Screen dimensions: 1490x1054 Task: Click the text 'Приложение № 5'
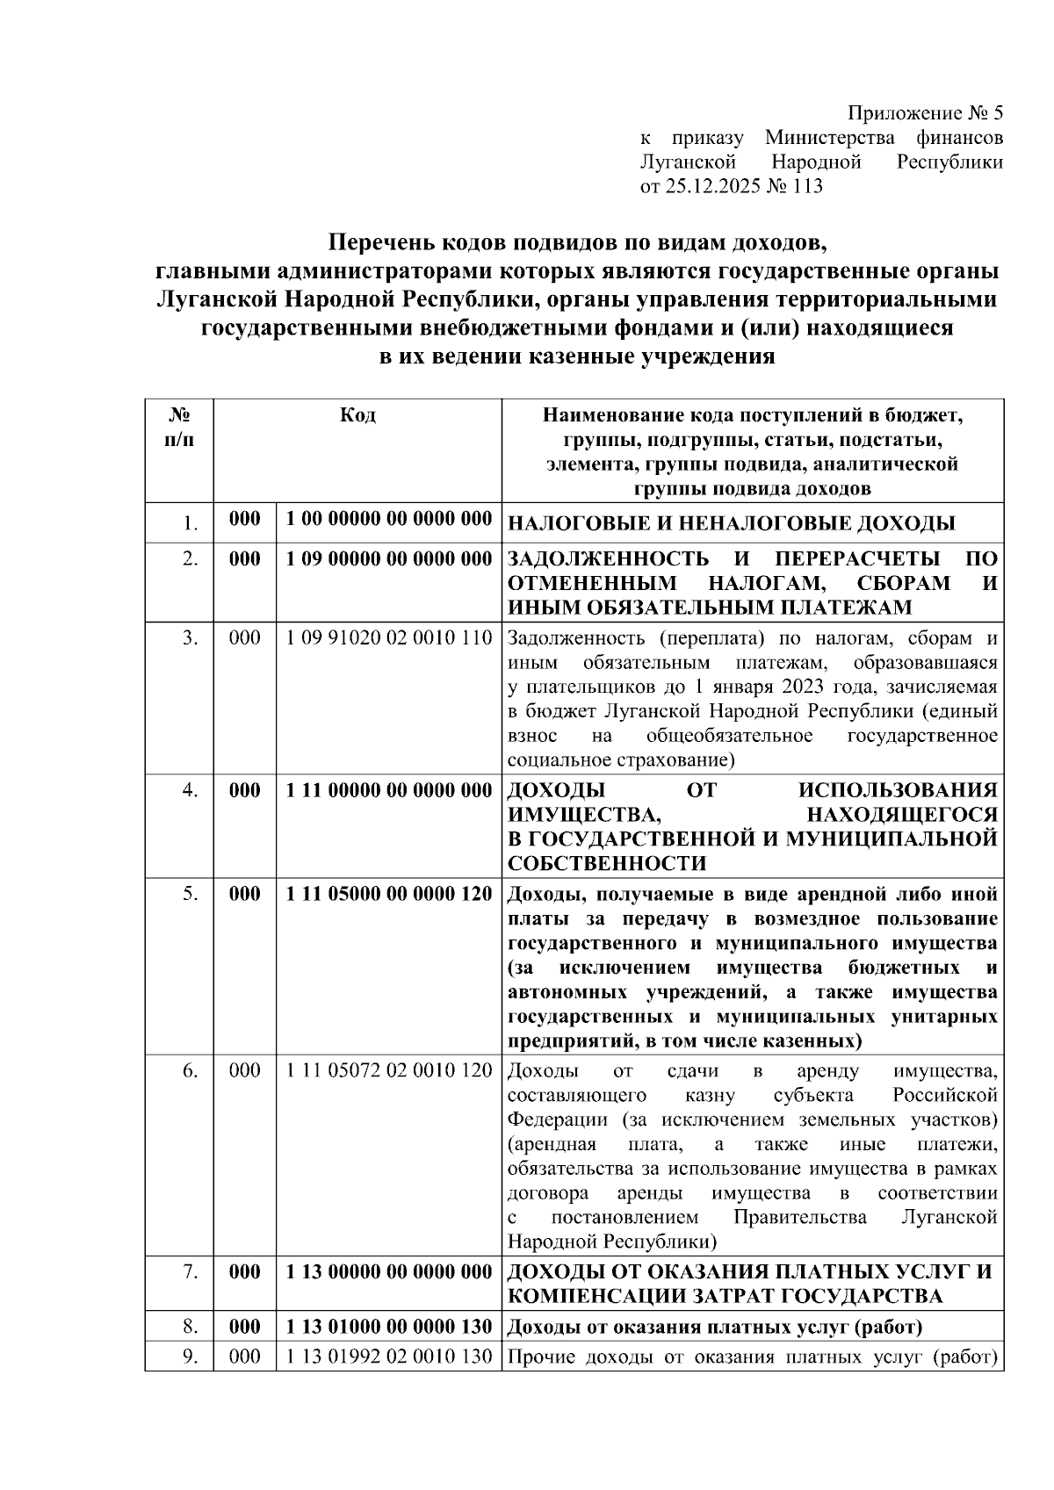924,114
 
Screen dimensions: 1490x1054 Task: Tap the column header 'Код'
357,415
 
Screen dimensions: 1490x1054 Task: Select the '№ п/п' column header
179,427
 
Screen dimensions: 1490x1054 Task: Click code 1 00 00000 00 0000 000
389,519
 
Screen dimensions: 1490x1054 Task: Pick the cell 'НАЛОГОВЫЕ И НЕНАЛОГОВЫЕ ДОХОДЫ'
731,524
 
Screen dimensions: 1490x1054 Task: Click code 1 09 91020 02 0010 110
389,638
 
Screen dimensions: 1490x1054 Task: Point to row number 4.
190,790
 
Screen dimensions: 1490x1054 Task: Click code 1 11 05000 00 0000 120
389,894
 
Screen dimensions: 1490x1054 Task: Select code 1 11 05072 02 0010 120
389,1070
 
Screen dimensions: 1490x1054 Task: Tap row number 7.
190,1271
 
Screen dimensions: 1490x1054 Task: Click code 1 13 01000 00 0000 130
389,1326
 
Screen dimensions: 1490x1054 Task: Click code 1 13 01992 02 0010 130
389,1357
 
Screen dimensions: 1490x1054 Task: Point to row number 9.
190,1357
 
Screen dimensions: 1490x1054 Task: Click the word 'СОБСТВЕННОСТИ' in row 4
607,863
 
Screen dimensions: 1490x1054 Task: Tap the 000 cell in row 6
245,1070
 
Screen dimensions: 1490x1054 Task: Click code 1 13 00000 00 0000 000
389,1271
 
